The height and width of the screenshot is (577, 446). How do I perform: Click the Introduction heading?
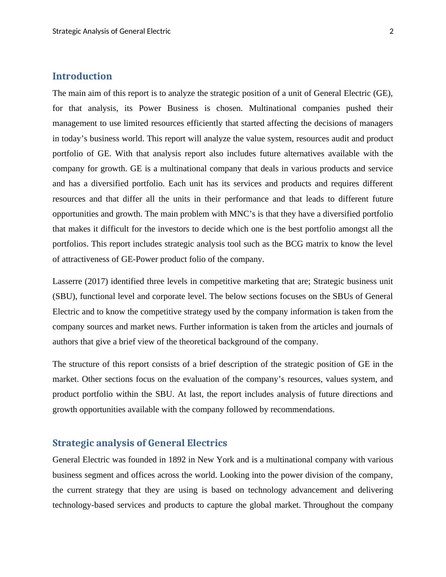[82, 76]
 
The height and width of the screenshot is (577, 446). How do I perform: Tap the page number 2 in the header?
[392, 31]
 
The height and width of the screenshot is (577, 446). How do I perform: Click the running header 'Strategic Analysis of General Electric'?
[111, 31]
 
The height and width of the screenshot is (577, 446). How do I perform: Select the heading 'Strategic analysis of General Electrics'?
[139, 443]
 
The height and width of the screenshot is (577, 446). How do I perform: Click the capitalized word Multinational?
[272, 108]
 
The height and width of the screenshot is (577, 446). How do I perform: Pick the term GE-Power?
[140, 259]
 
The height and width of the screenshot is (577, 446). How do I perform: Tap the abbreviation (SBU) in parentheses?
[64, 296]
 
